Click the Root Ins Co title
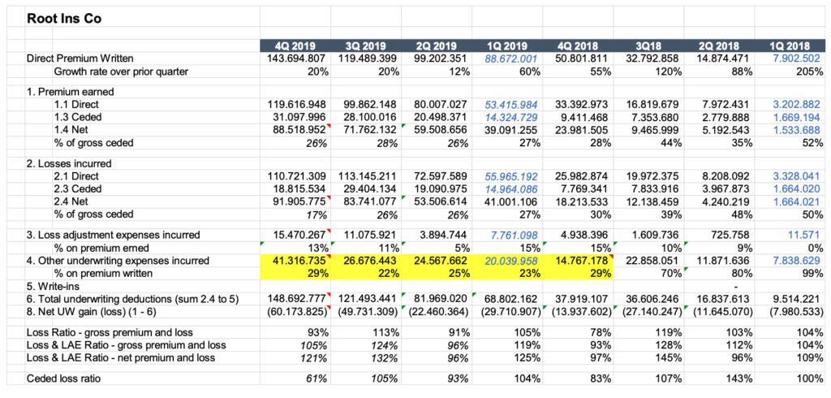64,17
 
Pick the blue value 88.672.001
511,58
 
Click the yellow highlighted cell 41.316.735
295,261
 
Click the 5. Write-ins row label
53,286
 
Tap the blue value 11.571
799,235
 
